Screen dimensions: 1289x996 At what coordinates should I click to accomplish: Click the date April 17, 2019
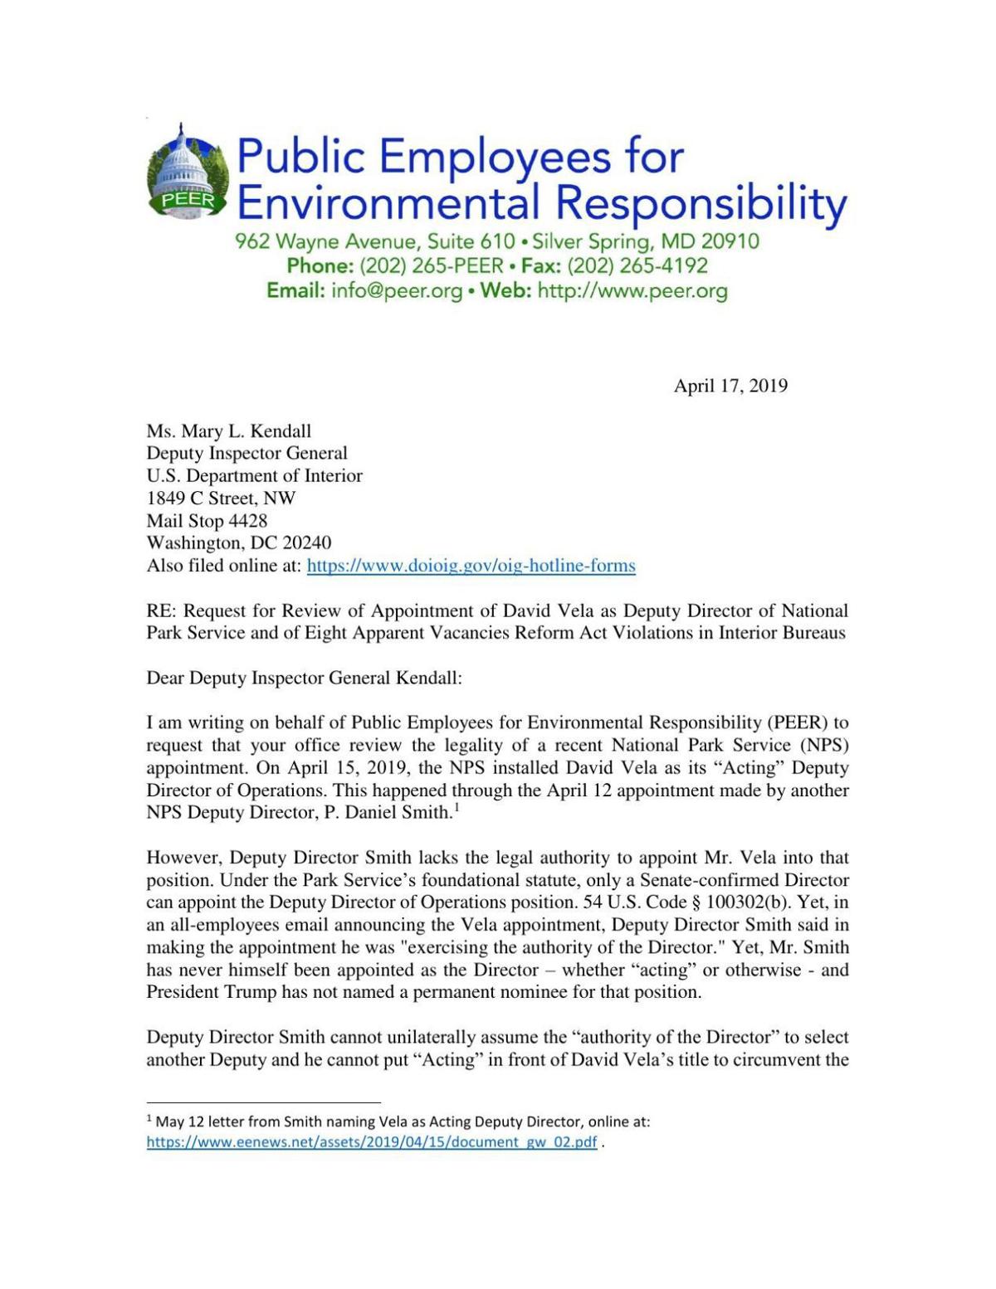(x=730, y=386)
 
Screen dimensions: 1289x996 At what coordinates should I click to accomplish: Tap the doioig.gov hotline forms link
(x=471, y=566)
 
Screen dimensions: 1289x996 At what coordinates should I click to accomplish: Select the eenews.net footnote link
(x=371, y=1142)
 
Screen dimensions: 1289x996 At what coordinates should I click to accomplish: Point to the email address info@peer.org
(x=396, y=291)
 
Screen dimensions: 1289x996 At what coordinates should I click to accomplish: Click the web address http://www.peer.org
(x=632, y=291)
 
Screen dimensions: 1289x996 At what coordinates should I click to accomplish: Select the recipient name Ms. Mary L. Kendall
(x=229, y=431)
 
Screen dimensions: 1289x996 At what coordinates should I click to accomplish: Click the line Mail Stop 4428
(x=207, y=521)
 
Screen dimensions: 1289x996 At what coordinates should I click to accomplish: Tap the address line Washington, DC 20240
(x=238, y=543)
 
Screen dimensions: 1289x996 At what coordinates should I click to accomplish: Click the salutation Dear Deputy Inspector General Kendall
(x=304, y=678)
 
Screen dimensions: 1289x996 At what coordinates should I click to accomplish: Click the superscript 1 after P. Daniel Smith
(x=456, y=808)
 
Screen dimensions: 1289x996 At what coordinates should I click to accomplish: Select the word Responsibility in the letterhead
(x=701, y=203)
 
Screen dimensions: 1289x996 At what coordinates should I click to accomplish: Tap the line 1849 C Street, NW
(x=221, y=499)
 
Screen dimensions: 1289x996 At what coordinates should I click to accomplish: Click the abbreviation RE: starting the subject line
(x=162, y=611)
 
